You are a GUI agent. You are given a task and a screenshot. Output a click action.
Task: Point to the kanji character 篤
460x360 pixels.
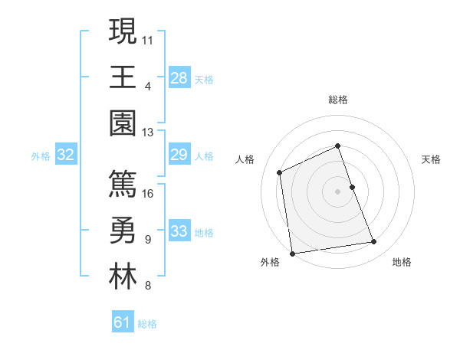coord(122,185)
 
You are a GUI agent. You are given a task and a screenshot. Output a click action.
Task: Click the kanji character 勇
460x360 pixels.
coord(122,231)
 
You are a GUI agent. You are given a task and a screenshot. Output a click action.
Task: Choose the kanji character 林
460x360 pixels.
coord(122,277)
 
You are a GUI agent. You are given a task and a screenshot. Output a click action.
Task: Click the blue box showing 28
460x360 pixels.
coord(179,78)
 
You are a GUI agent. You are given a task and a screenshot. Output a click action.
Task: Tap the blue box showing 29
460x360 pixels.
coord(179,155)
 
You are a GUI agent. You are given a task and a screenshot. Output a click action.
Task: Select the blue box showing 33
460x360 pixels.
coord(179,232)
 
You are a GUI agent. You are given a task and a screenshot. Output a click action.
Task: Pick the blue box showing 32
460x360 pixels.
coord(66,155)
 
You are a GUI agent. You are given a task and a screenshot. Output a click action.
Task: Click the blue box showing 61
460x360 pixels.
coord(123,323)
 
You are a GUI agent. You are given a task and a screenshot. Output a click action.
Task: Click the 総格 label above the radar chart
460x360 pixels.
coord(338,100)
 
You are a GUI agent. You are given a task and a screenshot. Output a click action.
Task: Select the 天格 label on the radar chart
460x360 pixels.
coord(432,159)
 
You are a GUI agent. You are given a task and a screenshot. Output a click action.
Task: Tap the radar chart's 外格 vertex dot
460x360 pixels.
coord(292,253)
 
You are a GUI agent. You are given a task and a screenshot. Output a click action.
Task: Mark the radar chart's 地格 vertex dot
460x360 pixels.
coord(374,242)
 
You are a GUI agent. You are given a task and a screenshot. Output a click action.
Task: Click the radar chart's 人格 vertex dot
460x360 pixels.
coord(280,172)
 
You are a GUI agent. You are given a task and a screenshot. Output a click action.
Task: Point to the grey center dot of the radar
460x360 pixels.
coord(337,191)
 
